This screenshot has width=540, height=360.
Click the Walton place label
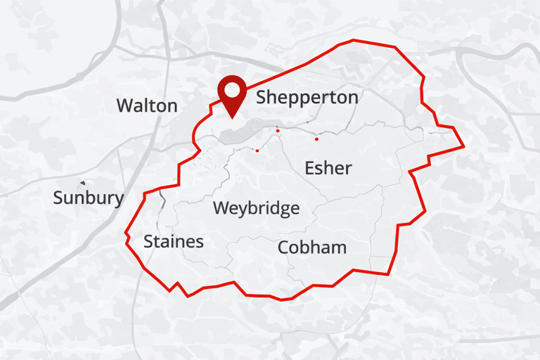(x=147, y=106)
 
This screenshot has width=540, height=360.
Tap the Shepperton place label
(x=307, y=98)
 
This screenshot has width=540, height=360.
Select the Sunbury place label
(x=88, y=198)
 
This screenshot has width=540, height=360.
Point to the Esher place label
(x=328, y=168)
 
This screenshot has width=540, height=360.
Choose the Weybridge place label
(x=256, y=209)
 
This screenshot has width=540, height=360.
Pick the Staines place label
(x=174, y=242)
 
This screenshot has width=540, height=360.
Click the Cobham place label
(x=312, y=247)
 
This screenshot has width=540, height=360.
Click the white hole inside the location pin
(x=231, y=89)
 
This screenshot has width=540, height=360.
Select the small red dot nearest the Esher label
(x=316, y=139)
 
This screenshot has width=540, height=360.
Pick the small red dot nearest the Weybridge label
(x=257, y=150)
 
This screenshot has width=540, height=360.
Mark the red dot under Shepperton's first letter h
(x=278, y=131)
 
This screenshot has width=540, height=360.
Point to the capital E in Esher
(x=309, y=168)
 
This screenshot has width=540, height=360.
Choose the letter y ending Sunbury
(x=118, y=200)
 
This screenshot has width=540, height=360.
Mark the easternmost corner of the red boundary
(x=464, y=147)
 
